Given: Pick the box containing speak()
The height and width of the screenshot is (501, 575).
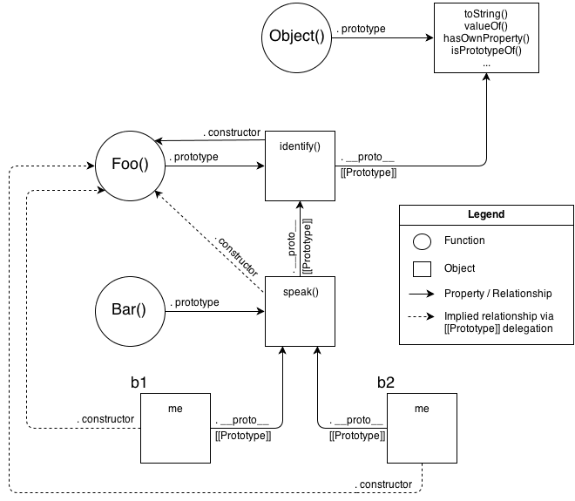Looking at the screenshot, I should click(301, 311).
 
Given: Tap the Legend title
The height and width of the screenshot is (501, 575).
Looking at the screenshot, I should click(485, 214).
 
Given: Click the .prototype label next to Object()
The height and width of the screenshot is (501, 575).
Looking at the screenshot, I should click(363, 29).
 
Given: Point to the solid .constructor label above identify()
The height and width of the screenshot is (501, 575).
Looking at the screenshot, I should click(232, 132).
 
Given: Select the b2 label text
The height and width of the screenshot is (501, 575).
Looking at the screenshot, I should click(387, 382).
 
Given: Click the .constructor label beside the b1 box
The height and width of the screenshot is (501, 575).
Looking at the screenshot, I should click(105, 419).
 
